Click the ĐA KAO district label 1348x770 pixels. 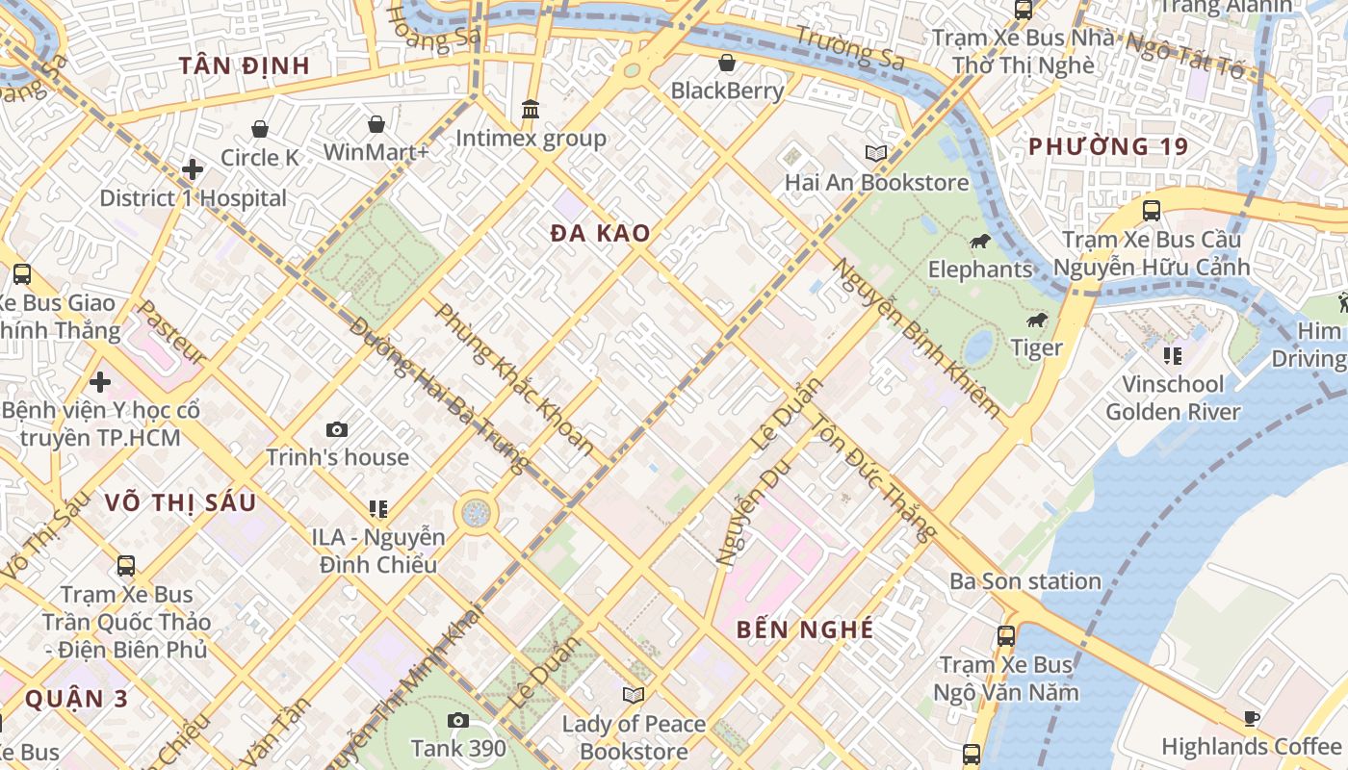point(600,233)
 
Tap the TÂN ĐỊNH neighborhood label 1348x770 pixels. point(245,65)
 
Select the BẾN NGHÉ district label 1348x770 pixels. point(805,629)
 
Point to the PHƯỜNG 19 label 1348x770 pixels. point(1108,146)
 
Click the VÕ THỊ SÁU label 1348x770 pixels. point(180,502)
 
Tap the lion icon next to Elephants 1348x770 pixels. point(981,241)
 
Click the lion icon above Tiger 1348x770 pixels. point(1037,320)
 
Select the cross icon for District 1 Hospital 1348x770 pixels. point(193,169)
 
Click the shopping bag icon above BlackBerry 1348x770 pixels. point(727,63)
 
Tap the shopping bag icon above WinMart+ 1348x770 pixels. point(376,124)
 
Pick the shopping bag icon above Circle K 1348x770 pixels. point(260,129)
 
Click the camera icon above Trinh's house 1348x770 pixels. point(337,429)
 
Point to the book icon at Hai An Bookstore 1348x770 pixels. point(875,153)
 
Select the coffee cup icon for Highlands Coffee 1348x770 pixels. point(1251,718)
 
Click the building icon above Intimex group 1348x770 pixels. point(531,110)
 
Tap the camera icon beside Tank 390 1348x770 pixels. point(458,720)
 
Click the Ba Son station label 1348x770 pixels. point(1024,581)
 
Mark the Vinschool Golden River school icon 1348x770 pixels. point(1172,356)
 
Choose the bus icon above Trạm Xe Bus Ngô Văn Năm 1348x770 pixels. point(1006,636)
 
